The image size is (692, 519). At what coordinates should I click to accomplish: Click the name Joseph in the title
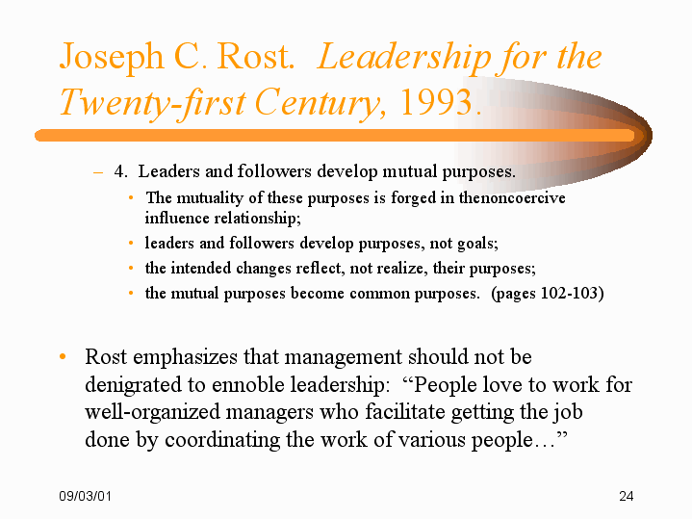pyautogui.click(x=112, y=57)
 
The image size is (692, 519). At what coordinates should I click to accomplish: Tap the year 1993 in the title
pyautogui.click(x=436, y=102)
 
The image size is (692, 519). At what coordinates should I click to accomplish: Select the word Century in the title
pyautogui.click(x=317, y=103)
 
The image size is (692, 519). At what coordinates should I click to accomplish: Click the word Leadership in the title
pyautogui.click(x=404, y=57)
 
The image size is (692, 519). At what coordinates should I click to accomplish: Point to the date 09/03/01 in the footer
pyautogui.click(x=85, y=496)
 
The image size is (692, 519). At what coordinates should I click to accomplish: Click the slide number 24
pyautogui.click(x=626, y=496)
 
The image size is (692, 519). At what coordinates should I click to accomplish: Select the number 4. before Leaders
pyautogui.click(x=121, y=171)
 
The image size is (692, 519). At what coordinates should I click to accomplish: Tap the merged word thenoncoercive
pyautogui.click(x=512, y=197)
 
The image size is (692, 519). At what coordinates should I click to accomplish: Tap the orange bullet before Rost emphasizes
pyautogui.click(x=63, y=356)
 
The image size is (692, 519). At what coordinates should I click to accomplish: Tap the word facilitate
pyautogui.click(x=405, y=411)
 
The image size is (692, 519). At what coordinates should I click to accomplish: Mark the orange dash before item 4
pyautogui.click(x=98, y=171)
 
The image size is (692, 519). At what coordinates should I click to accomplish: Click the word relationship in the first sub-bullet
pyautogui.click(x=257, y=219)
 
